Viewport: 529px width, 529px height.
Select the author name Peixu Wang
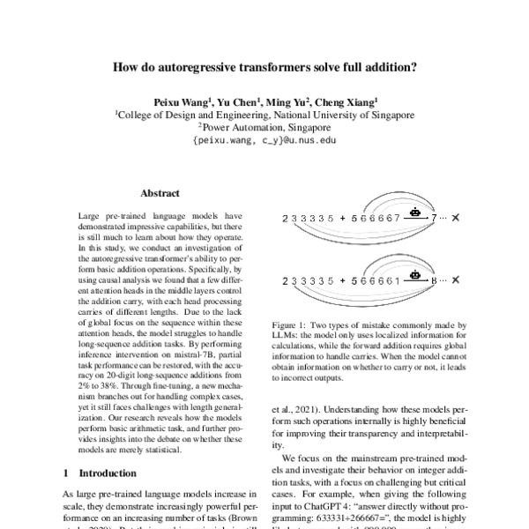click(x=179, y=101)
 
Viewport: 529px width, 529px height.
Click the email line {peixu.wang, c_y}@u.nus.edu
click(x=264, y=140)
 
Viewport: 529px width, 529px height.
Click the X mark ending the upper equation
click(x=456, y=218)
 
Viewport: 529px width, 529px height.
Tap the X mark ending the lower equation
click(x=456, y=281)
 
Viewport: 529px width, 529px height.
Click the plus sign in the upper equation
click(x=341, y=218)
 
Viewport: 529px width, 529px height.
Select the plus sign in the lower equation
click(x=341, y=281)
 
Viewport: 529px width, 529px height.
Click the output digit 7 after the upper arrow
click(x=433, y=218)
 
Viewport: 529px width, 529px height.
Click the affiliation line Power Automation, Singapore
click(x=264, y=127)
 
